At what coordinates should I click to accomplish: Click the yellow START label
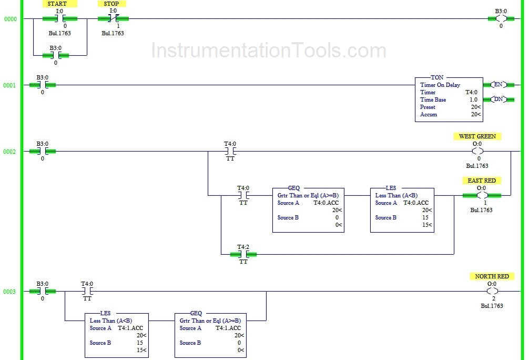pyautogui.click(x=57, y=4)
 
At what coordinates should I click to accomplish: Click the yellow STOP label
pyautogui.click(x=111, y=4)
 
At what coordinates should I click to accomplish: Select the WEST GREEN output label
pyautogui.click(x=477, y=136)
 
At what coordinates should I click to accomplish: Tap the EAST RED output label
pyautogui.click(x=482, y=181)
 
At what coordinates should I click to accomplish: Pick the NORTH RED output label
pyautogui.click(x=492, y=276)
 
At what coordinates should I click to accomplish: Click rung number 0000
pyautogui.click(x=10, y=19)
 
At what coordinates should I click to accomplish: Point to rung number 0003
pyautogui.click(x=10, y=292)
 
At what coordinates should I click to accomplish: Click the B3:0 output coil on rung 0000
pyautogui.click(x=501, y=19)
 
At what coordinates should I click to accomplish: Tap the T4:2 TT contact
pyautogui.click(x=243, y=254)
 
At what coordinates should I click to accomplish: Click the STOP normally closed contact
pyautogui.click(x=113, y=19)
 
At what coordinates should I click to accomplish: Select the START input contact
pyautogui.click(x=60, y=19)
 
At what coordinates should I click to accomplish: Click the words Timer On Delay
pyautogui.click(x=440, y=85)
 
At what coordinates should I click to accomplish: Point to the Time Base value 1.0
pyautogui.click(x=473, y=99)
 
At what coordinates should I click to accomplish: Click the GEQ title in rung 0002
pyautogui.click(x=294, y=188)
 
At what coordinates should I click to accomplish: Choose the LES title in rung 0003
pyautogui.click(x=105, y=313)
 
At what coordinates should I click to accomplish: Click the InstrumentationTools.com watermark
pyautogui.click(x=268, y=51)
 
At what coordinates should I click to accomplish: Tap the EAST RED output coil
pyautogui.click(x=482, y=195)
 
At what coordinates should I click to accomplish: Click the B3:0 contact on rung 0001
pyautogui.click(x=43, y=85)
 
